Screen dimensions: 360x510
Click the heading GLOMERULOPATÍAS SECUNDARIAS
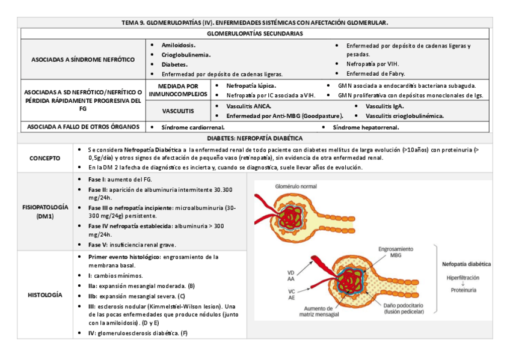254,34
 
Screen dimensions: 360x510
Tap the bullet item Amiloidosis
178,46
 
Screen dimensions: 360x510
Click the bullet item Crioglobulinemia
186,55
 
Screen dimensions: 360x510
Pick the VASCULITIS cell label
178,111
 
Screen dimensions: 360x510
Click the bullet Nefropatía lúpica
251,86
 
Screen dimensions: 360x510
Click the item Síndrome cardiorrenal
193,127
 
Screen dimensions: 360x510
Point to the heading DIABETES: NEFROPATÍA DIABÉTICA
254,138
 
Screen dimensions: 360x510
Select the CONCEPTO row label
45,158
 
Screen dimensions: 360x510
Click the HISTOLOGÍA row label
45,295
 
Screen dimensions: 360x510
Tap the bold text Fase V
97,245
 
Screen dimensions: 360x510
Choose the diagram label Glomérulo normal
296,186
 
